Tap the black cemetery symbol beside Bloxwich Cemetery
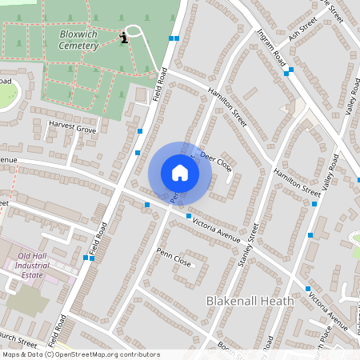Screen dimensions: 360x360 pyautogui.click(x=124, y=37)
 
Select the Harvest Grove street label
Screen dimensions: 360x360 pyautogui.click(x=72, y=128)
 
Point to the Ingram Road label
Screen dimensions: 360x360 pyautogui.click(x=271, y=48)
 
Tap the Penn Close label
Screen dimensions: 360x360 pyautogui.click(x=174, y=260)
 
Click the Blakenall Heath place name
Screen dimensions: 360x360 pyautogui.click(x=250, y=302)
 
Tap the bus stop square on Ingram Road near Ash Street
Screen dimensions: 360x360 pyautogui.click(x=286, y=73)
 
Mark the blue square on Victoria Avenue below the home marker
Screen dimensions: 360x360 pyautogui.click(x=189, y=216)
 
